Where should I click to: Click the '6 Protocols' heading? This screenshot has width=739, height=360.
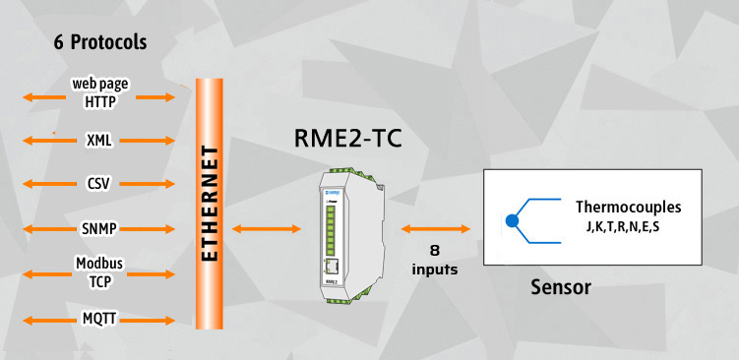pos(100,42)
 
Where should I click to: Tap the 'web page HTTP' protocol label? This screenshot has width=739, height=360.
pos(100,92)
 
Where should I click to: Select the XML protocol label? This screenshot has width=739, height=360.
pos(99,141)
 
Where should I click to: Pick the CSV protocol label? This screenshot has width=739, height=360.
pos(98,183)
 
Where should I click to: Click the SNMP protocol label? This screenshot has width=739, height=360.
pos(99,229)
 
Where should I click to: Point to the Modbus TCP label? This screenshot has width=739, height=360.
pos(99,272)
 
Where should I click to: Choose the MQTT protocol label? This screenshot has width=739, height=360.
pos(99,320)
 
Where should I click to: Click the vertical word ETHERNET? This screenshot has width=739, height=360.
pos(210,204)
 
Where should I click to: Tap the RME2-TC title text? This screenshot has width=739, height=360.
pos(348,138)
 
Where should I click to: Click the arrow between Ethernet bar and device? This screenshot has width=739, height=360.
pos(267,229)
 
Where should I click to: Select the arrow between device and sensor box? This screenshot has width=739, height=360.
pos(436,229)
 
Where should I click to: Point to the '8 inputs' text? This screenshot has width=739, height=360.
pos(435,260)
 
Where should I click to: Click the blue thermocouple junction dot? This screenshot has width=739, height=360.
pos(512,220)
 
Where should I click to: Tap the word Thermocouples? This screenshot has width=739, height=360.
pos(628,207)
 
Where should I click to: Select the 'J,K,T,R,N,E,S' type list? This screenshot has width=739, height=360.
pos(622,227)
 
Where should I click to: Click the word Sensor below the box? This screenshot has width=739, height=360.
pos(561,287)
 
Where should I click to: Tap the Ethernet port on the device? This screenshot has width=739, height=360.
pos(333,267)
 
